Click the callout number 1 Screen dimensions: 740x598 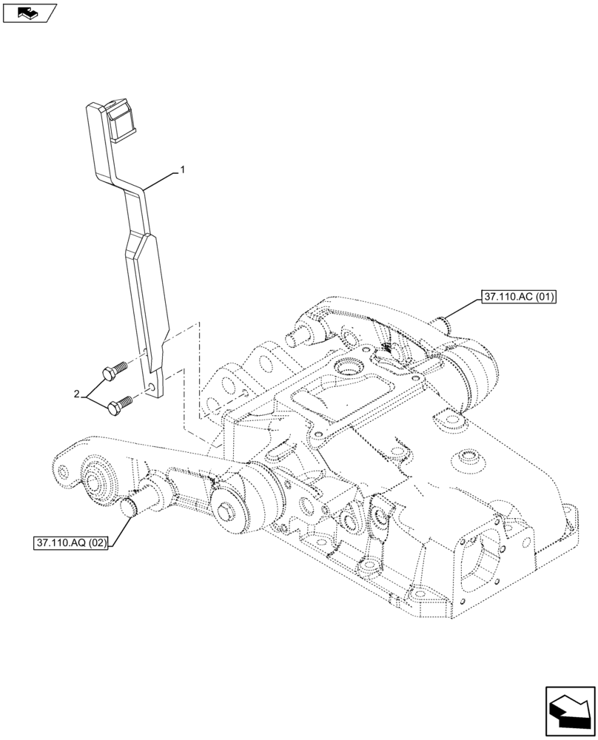(x=182, y=170)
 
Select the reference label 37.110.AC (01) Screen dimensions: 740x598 (x=518, y=298)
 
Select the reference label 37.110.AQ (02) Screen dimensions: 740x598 (x=71, y=543)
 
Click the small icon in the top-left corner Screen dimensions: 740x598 (x=29, y=12)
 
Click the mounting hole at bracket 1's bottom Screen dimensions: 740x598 (x=152, y=387)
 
